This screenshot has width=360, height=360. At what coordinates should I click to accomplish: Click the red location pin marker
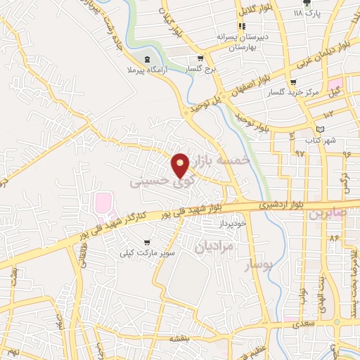click(x=181, y=164)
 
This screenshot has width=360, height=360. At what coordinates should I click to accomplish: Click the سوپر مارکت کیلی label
click(x=146, y=252)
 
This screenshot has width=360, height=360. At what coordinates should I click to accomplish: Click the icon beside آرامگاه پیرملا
click(x=146, y=59)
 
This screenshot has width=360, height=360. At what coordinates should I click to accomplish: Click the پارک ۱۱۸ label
click(x=307, y=13)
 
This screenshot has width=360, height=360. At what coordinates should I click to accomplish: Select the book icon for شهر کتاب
click(x=321, y=129)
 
